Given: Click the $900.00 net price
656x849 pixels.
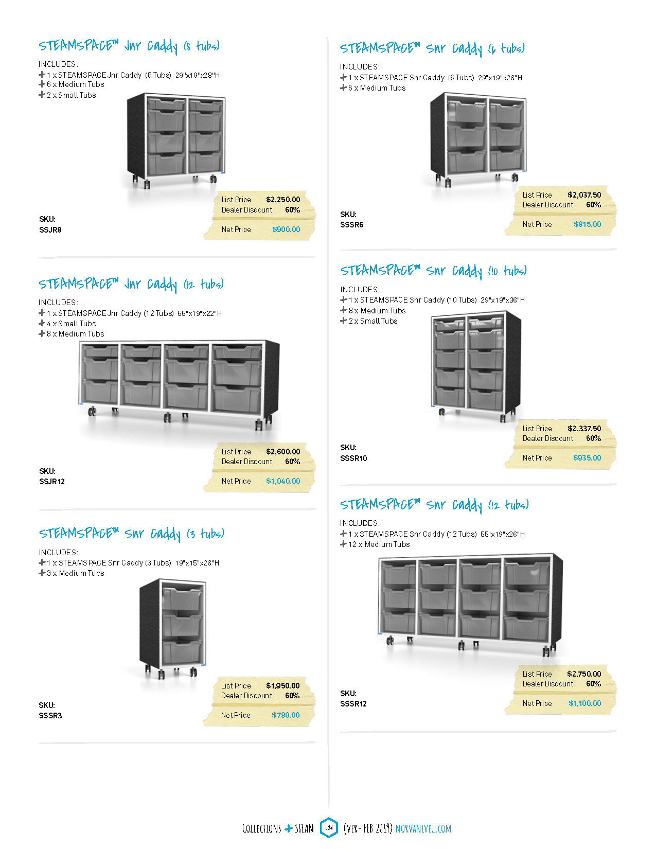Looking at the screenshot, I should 286,229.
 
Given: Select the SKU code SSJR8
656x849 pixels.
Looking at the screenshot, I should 50,230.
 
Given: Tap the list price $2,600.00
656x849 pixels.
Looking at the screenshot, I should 283,452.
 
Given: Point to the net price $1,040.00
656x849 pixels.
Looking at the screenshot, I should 283,481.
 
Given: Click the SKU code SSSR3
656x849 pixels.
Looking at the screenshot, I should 50,716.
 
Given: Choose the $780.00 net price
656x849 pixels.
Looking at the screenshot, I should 286,715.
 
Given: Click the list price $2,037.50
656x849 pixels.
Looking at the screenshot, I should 584,195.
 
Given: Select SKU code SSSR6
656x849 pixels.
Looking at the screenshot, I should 352,225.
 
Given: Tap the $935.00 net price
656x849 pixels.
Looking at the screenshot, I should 587,458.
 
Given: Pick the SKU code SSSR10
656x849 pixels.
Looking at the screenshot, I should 353,458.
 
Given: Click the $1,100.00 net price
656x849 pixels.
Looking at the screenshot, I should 584,703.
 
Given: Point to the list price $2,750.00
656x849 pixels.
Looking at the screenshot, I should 584,674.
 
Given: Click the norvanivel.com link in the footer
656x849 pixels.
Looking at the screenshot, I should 423,828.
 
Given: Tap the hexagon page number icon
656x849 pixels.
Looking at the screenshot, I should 329,828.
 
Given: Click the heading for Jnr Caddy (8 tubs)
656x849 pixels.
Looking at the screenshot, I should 129,46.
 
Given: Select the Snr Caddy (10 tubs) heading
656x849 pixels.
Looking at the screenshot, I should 433,271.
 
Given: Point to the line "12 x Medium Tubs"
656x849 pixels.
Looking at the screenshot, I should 379,544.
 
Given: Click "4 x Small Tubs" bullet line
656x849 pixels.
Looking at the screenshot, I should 71,324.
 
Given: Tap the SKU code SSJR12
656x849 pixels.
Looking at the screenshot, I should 52,482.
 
